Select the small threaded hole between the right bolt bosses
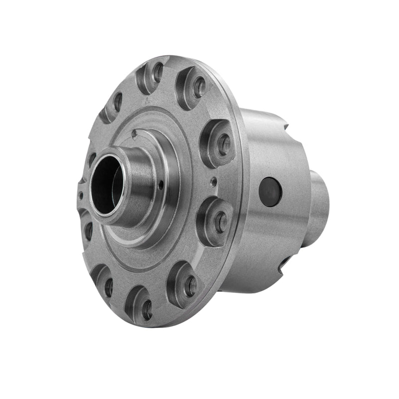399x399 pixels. pos(213,181)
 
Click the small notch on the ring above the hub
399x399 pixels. pos(134,133)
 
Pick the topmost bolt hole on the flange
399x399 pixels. pos(158,73)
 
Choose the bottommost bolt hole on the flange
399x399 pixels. pos(147,310)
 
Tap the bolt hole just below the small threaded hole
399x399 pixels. pos(220,223)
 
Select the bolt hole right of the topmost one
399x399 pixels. pos(199,87)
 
